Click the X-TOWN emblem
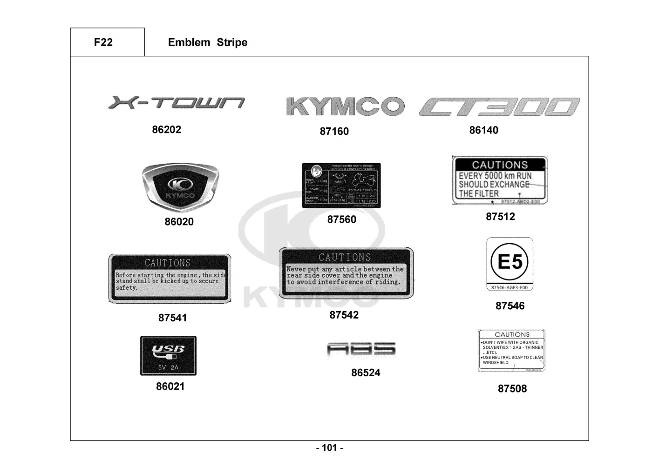coord(176,102)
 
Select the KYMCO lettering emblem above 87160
coord(345,106)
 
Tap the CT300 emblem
coord(499,106)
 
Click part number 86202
coord(166,130)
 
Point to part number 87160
coord(334,132)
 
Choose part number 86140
coord(483,130)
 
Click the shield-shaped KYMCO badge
coord(180,187)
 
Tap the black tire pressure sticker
coord(341,185)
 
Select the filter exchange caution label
coord(500,180)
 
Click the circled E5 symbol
coord(510,262)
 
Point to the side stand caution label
coord(170,279)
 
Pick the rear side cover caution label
coord(346,273)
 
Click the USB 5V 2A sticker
coord(168,356)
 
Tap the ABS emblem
coord(361,350)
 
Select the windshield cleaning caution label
coord(511,350)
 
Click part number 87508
coord(512,389)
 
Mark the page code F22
coord(103,42)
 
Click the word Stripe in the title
coord(232,42)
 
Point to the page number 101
coord(329,448)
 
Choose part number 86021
coord(170,386)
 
